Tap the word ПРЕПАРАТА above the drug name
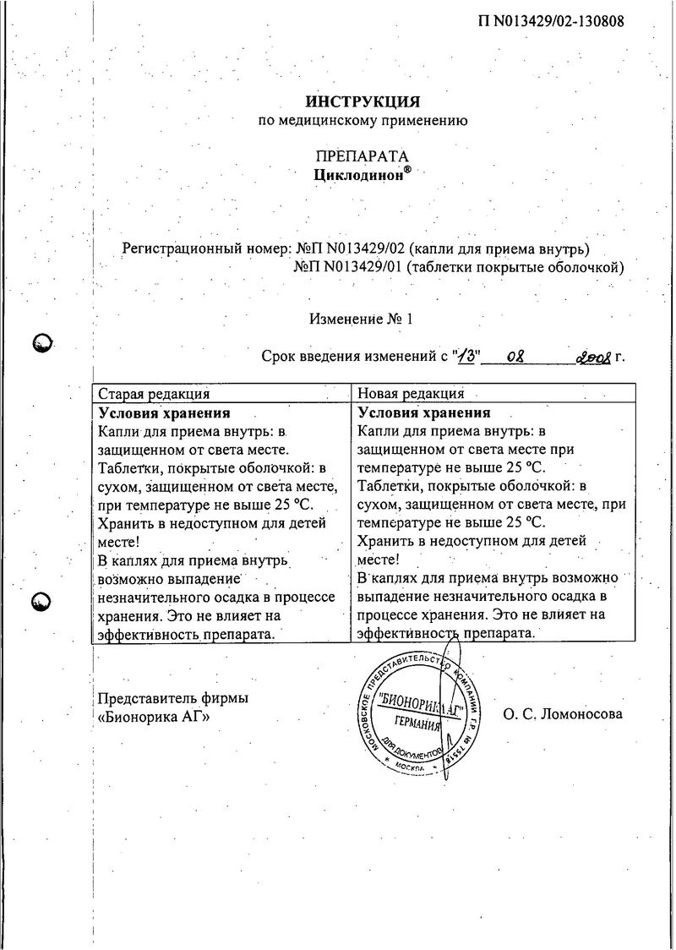tap(362, 157)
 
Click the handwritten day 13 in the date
tap(466, 357)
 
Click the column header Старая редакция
tap(154, 393)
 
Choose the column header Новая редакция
tap(412, 393)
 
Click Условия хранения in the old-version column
tap(165, 413)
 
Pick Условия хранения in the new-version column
tap(424, 413)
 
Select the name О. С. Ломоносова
tap(562, 714)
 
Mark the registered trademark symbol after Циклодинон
tap(408, 169)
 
